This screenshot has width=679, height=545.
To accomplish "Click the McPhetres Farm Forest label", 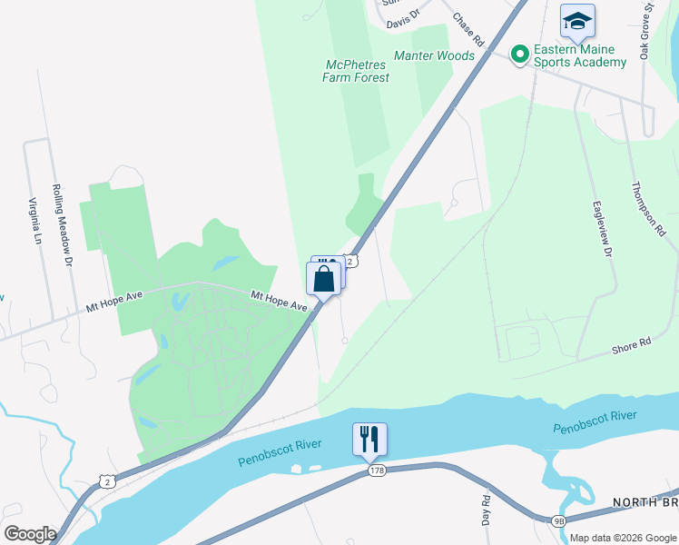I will (356, 71).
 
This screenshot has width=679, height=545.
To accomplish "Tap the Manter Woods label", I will (434, 55).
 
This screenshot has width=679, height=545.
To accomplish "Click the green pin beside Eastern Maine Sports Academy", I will (520, 55).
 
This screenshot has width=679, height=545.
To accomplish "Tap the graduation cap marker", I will (577, 21).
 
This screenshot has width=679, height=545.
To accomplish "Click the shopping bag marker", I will (323, 279).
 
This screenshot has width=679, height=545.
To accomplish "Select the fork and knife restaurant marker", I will (369, 439).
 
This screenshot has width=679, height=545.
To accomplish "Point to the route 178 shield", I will (378, 470).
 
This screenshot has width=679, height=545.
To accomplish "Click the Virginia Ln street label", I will (36, 222).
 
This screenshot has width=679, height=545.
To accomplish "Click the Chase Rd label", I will (468, 29).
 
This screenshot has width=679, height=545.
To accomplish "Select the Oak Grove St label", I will (646, 31).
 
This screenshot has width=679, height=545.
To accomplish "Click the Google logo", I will (30, 533).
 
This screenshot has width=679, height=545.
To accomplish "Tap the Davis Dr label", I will (403, 17).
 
